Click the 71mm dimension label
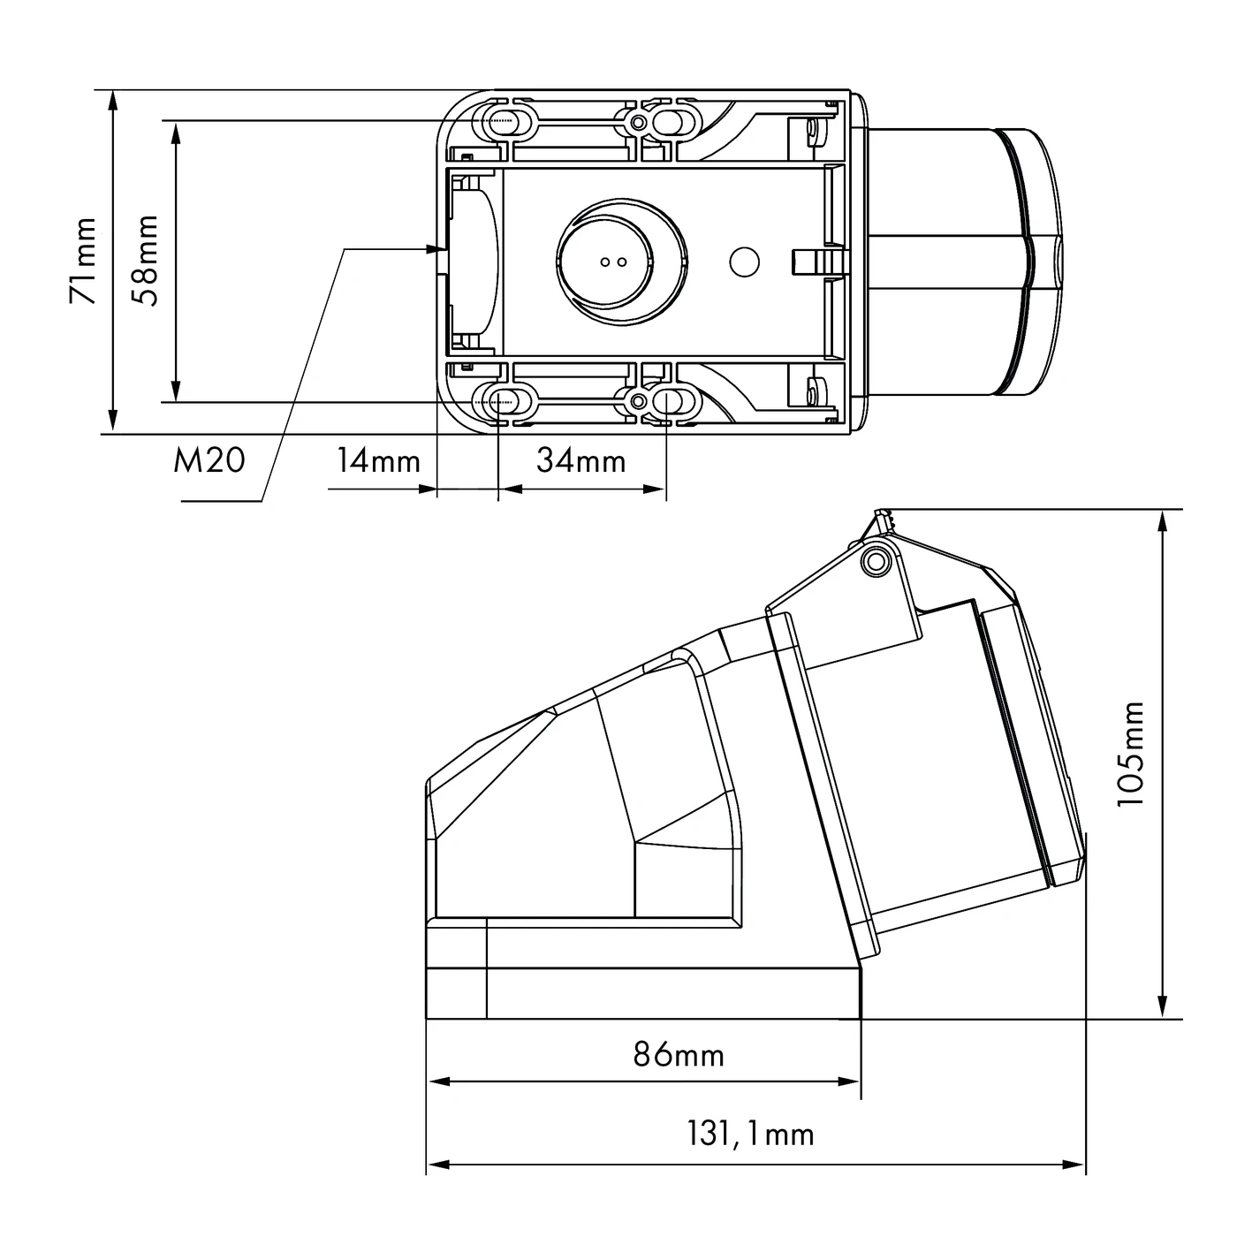[83, 262]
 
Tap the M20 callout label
[209, 460]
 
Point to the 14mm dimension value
[377, 460]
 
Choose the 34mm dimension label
[581, 460]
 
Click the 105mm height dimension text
[1130, 753]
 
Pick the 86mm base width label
[679, 1054]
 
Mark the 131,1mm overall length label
[750, 1134]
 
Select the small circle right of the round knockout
[744, 261]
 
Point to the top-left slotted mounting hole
[505, 120]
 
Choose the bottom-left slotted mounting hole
[505, 402]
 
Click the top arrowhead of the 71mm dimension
[113, 100]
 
